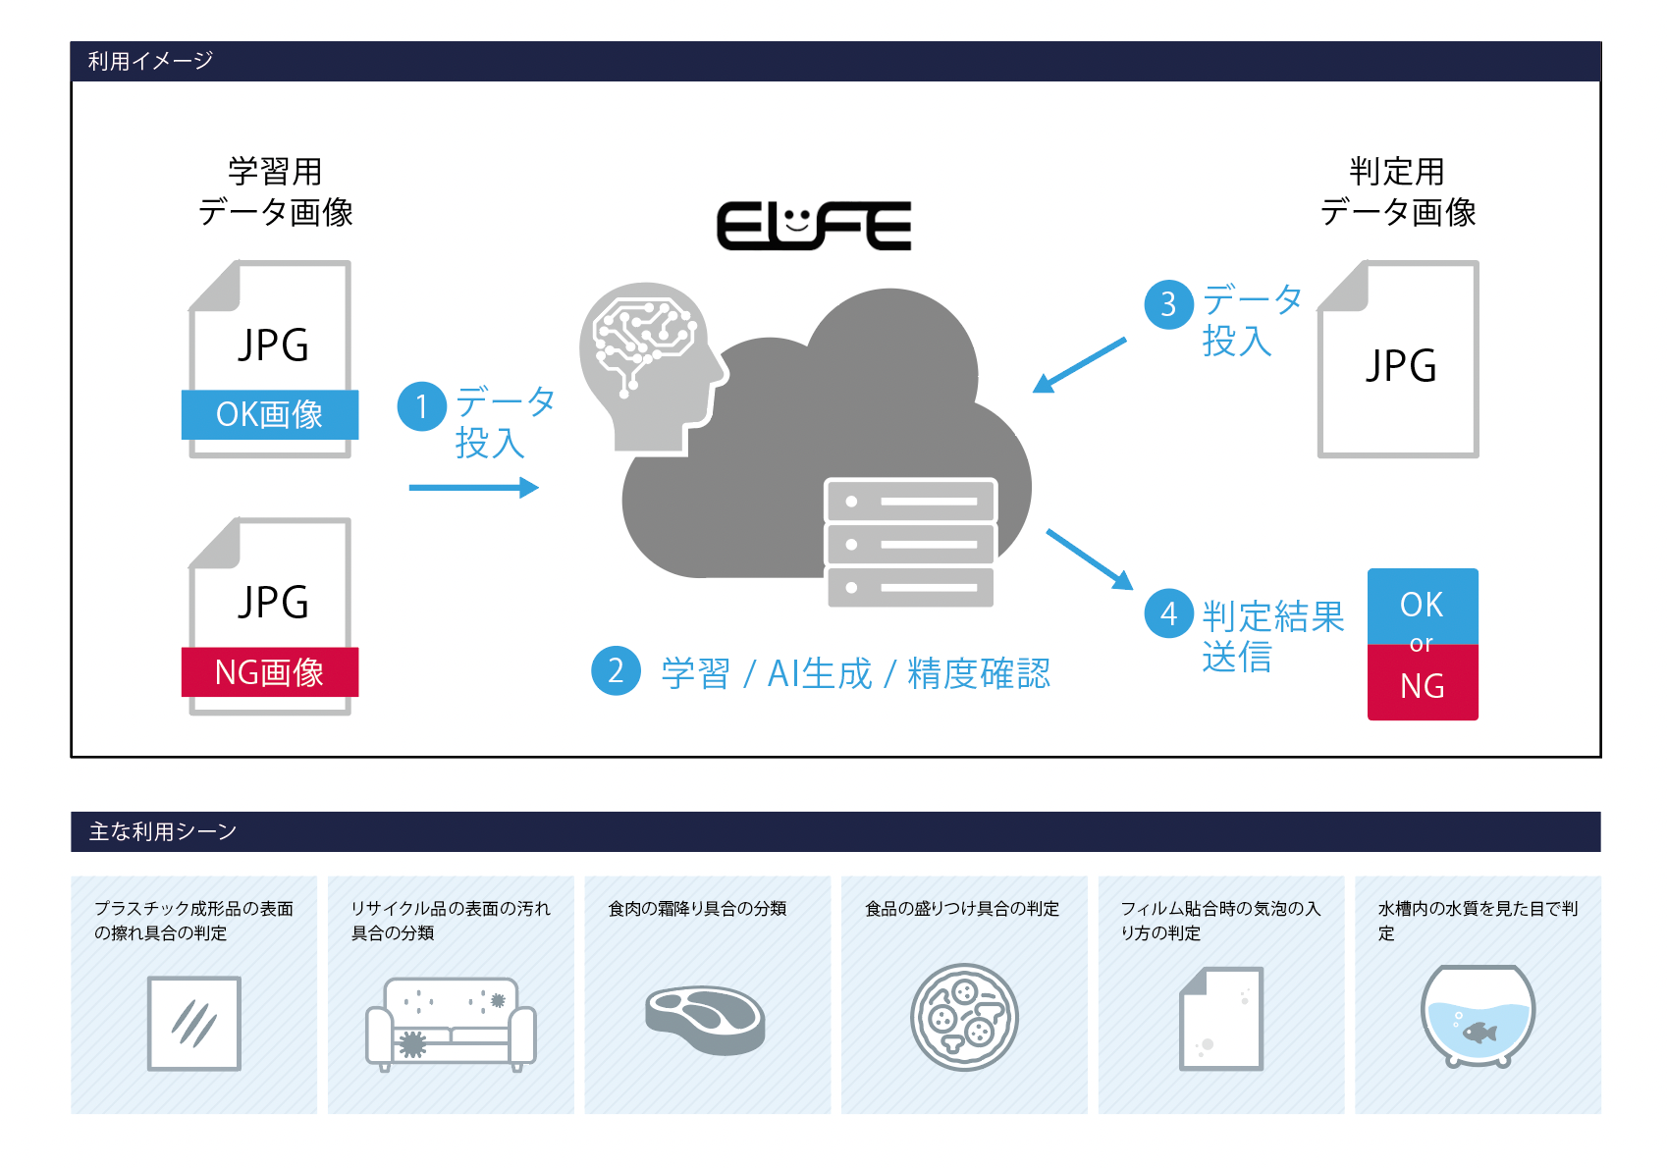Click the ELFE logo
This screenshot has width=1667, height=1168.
tap(814, 226)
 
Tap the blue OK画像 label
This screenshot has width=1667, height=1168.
tap(270, 414)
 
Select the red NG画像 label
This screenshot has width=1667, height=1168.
tap(270, 672)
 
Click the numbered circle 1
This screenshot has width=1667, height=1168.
tap(422, 406)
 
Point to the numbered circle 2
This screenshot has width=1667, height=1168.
tap(616, 670)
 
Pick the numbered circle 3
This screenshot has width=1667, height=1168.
tap(1168, 304)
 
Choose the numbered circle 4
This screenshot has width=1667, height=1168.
tap(1168, 614)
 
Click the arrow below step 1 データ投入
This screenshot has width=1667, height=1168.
tap(473, 488)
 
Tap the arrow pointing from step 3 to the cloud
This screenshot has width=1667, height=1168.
tap(1079, 365)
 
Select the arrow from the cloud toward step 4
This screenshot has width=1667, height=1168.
tap(1090, 559)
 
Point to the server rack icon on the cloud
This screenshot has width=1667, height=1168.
tap(910, 543)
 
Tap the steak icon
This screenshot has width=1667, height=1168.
tap(705, 1019)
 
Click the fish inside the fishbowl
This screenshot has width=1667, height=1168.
tap(1479, 1032)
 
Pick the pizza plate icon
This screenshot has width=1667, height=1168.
tap(964, 1017)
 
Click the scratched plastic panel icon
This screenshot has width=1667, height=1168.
tap(194, 1023)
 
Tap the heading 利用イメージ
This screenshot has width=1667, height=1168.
tap(150, 61)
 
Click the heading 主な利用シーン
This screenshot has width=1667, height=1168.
tap(163, 832)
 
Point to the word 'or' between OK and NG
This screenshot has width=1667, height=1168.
tap(1421, 644)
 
